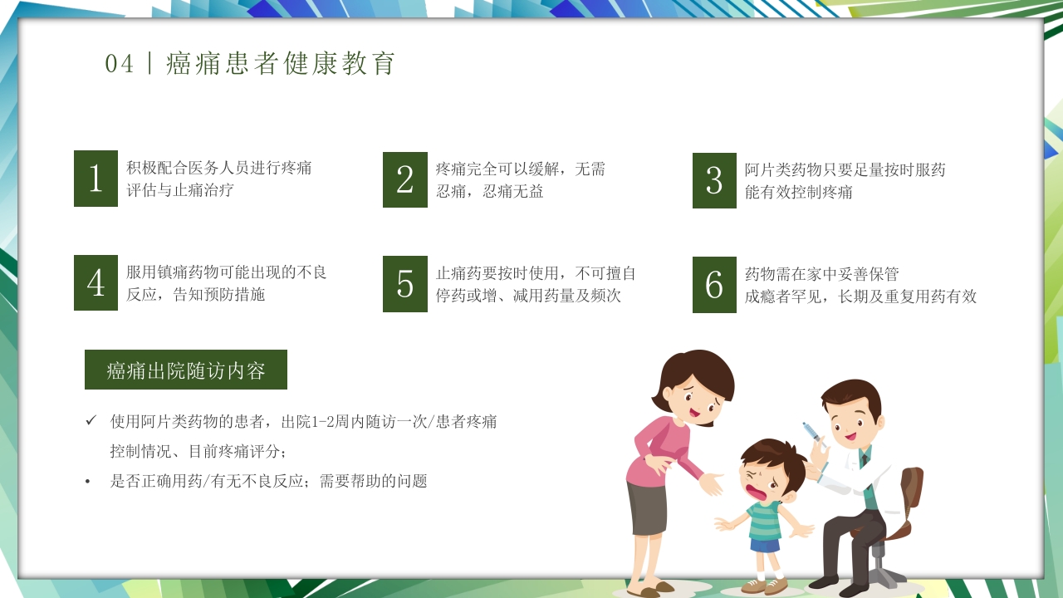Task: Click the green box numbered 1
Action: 96,179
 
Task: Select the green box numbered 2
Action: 405,179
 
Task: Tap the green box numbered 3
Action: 714,180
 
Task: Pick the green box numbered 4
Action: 96,283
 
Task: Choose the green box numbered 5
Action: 405,284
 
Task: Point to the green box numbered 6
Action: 714,285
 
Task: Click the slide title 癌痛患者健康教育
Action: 281,64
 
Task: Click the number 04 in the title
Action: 120,64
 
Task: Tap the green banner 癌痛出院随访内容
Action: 186,370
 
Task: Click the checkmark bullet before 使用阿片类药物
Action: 91,421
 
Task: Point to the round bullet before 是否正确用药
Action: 88,482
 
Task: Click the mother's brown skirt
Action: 646,507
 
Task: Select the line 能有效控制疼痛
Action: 799,192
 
